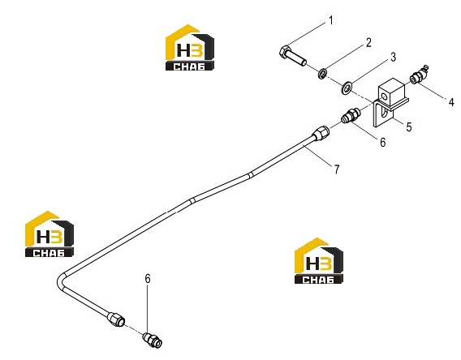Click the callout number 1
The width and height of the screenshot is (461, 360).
click(x=331, y=21)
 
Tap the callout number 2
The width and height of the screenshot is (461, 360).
click(x=368, y=43)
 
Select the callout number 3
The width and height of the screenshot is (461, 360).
click(x=393, y=57)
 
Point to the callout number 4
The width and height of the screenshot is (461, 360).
click(x=451, y=101)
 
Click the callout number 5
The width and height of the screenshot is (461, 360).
click(x=409, y=126)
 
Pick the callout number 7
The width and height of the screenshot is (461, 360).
click(x=337, y=169)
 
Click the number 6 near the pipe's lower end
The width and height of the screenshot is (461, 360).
click(x=148, y=278)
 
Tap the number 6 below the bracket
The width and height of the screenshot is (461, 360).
click(x=382, y=142)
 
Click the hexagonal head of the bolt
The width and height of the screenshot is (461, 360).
click(x=285, y=52)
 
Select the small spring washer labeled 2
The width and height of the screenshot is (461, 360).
click(x=322, y=74)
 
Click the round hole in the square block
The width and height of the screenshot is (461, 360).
click(x=384, y=96)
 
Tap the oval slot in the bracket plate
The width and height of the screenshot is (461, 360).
click(x=382, y=113)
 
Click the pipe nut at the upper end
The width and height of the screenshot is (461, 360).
click(x=321, y=133)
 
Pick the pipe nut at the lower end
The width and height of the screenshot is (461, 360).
click(x=116, y=319)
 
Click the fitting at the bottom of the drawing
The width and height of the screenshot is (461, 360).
click(x=153, y=340)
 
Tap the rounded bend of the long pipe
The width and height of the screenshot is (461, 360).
click(x=61, y=281)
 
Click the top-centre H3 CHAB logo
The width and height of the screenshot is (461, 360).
click(x=190, y=48)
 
